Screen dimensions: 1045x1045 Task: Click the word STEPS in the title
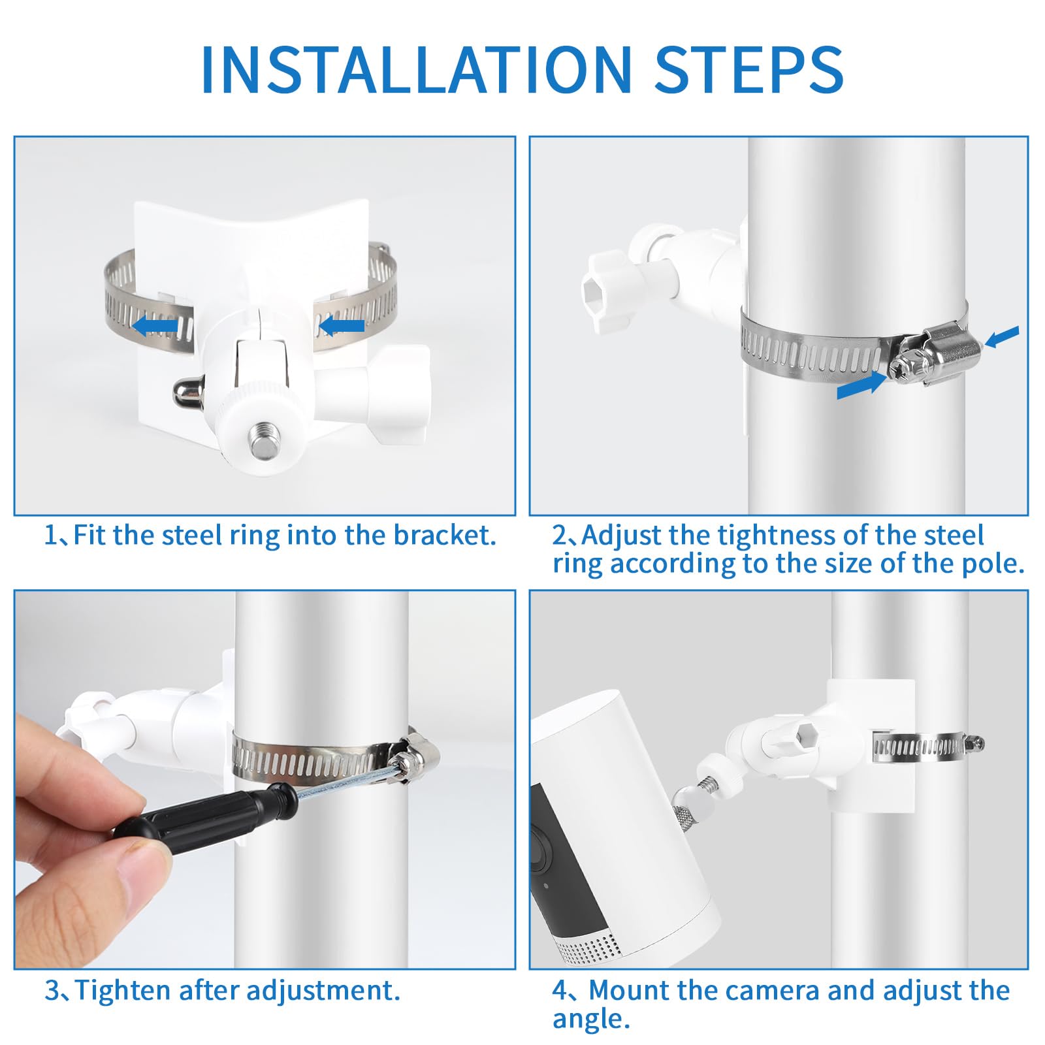[749, 69]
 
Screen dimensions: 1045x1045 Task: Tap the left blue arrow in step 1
[155, 325]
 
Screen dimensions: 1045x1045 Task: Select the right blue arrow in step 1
[341, 325]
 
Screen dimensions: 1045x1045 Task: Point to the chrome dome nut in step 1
[185, 393]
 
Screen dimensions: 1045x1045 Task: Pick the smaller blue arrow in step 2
[1001, 337]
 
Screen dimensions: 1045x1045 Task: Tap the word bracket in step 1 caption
[445, 536]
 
